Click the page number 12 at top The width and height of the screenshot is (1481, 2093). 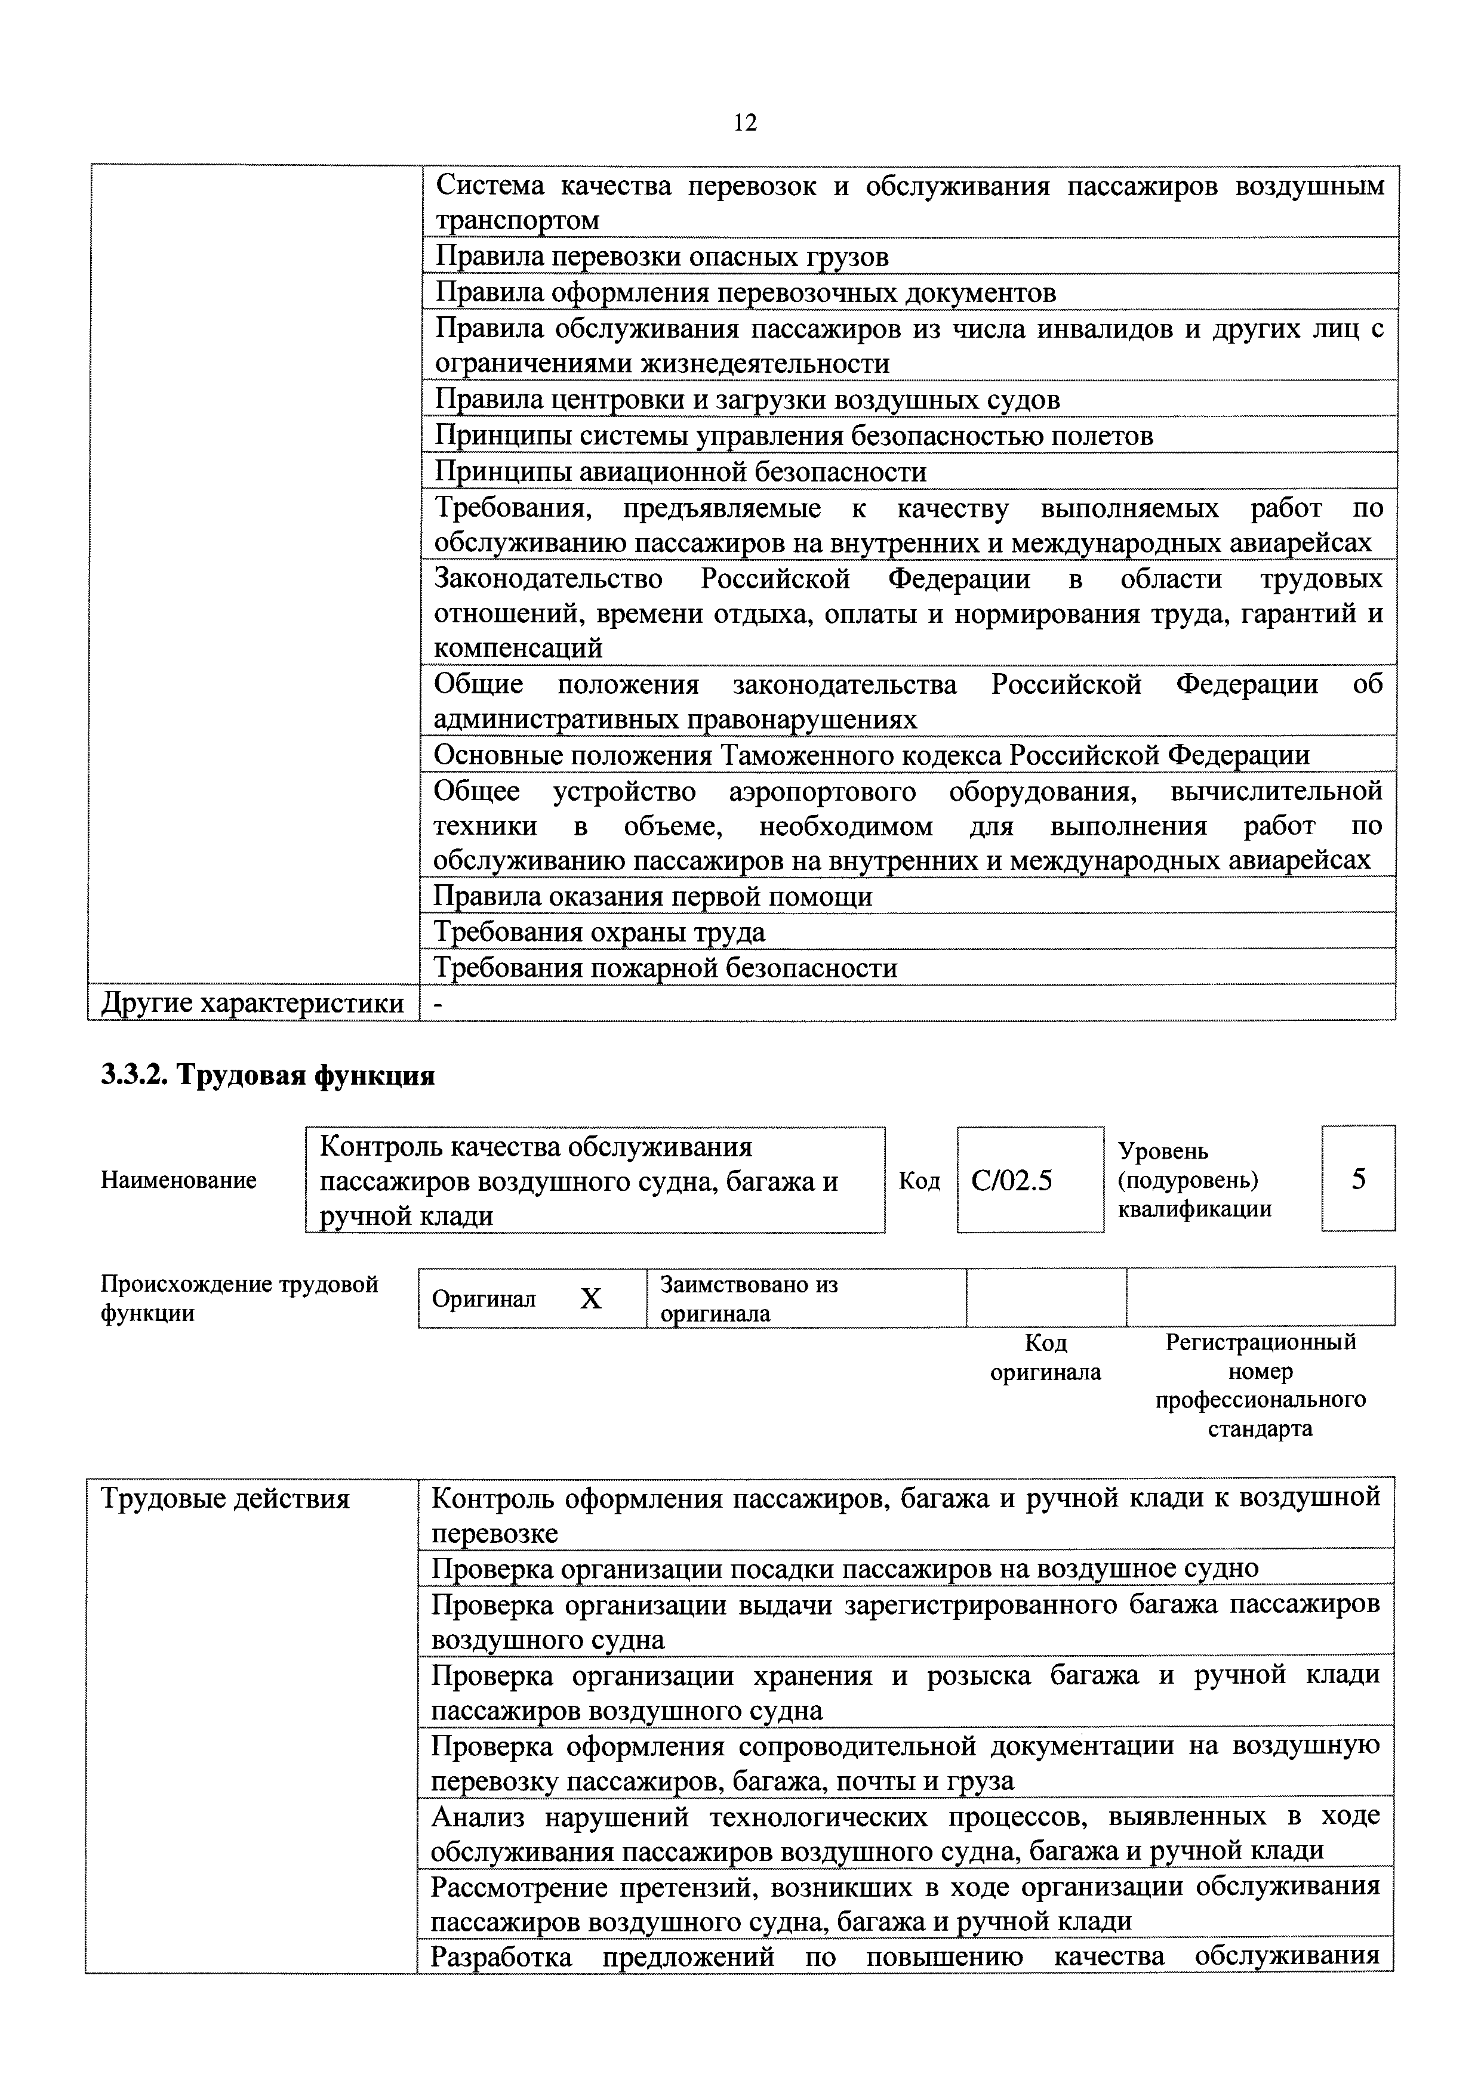(744, 123)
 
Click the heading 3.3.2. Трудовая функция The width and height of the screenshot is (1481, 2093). (267, 1076)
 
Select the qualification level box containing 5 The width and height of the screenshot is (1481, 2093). (1358, 1179)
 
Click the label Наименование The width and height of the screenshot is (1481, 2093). (178, 1181)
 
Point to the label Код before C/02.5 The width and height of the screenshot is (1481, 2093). (919, 1181)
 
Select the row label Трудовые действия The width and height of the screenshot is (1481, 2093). (225, 1499)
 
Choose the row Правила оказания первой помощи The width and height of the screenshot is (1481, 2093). (653, 897)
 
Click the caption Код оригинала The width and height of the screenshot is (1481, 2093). (1045, 1357)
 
